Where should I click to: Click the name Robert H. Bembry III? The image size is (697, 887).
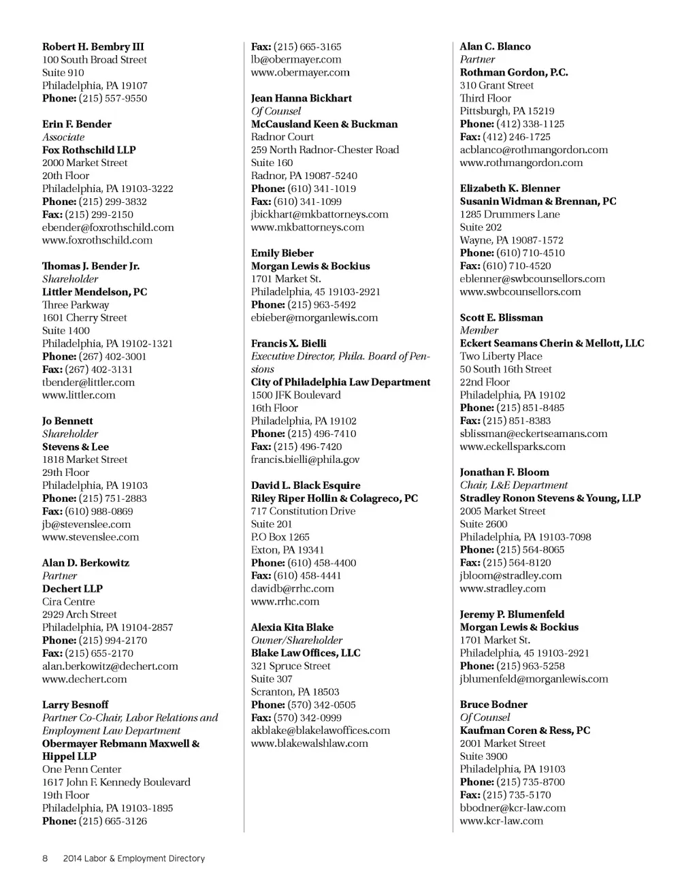pos(93,47)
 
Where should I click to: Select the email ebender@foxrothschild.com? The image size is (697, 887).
pos(108,227)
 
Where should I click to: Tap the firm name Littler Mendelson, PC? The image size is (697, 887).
pos(95,292)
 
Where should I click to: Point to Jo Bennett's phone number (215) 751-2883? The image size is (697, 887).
pos(112,498)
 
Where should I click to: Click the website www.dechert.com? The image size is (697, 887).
pos(84,679)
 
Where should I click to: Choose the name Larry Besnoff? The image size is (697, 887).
pos(75,705)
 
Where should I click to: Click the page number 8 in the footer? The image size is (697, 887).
pos(45,858)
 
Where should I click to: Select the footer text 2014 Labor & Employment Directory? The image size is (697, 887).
pos(133,858)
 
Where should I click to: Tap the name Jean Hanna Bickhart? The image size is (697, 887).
pos(302,98)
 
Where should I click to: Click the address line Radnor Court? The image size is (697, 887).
pos(282,137)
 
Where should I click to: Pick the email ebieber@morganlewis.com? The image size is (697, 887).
pos(314,317)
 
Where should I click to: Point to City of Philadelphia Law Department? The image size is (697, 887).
pos(340,382)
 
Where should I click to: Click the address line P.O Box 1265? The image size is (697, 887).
pos(280,537)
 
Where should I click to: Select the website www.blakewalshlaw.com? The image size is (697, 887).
pos(309,743)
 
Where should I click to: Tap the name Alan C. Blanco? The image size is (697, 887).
pos(495,47)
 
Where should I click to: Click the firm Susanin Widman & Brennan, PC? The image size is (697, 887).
pos(538,201)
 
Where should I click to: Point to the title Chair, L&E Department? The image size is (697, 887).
pos(513,485)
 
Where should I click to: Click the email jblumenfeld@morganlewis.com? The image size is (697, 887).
pos(534,679)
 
